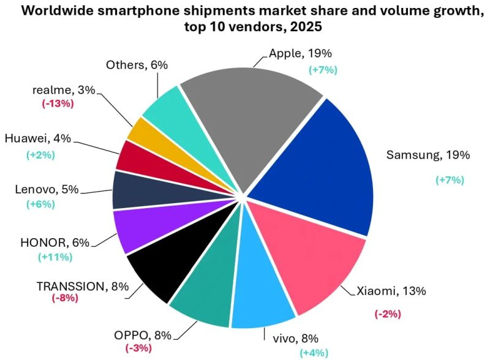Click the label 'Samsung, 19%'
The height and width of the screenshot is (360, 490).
point(428,155)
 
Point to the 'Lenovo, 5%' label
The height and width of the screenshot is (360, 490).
point(46,190)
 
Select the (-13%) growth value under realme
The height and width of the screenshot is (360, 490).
point(58,103)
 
